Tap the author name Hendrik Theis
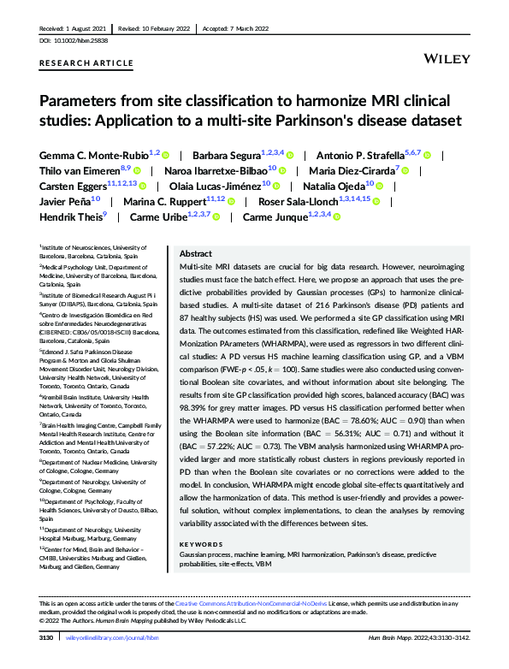(x=70, y=217)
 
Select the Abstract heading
(x=196, y=254)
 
